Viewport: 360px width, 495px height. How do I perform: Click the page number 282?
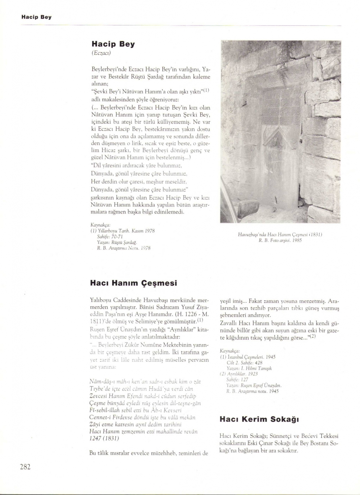click(x=25, y=467)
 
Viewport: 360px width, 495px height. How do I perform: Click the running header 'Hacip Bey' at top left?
click(x=36, y=17)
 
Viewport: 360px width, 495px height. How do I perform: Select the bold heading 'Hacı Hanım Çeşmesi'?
click(x=133, y=283)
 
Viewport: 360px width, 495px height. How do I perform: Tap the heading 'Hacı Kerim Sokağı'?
click(x=259, y=419)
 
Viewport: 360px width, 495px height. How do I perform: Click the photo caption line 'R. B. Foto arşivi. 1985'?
click(x=280, y=240)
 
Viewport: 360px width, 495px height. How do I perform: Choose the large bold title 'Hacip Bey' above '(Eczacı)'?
click(x=113, y=44)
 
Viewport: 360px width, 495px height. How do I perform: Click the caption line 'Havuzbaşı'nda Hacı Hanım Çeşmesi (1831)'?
click(x=280, y=235)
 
